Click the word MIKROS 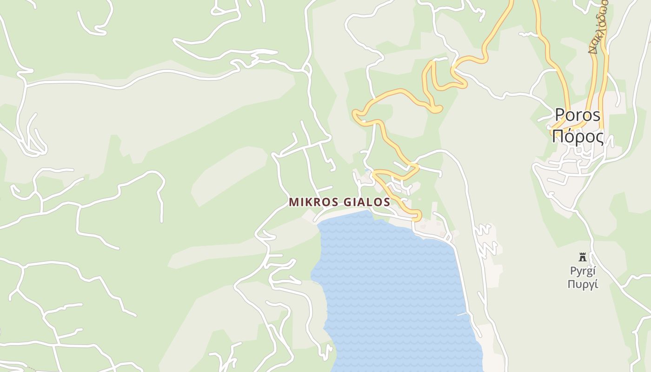tap(311, 202)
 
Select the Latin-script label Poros tap(578, 115)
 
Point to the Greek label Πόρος tap(578, 137)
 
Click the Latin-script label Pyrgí tap(583, 271)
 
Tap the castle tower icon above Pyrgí tap(582, 257)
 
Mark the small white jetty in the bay tap(462, 314)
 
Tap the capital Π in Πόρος tap(558, 137)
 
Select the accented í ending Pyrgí tap(594, 271)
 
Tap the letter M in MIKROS tap(294, 202)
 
